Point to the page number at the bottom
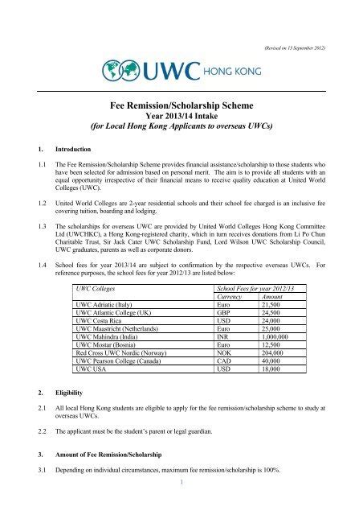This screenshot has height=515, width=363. click(181, 505)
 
